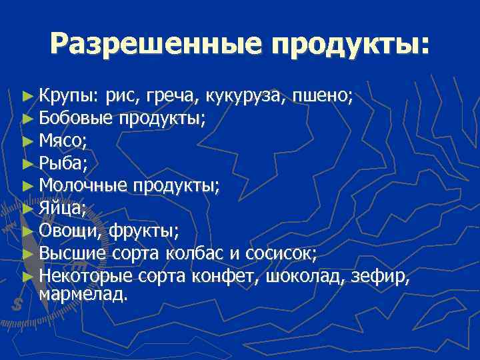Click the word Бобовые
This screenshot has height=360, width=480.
click(75, 119)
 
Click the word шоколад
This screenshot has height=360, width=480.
click(303, 275)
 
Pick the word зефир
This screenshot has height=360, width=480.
click(379, 275)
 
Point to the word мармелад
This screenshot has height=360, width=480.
click(83, 294)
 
